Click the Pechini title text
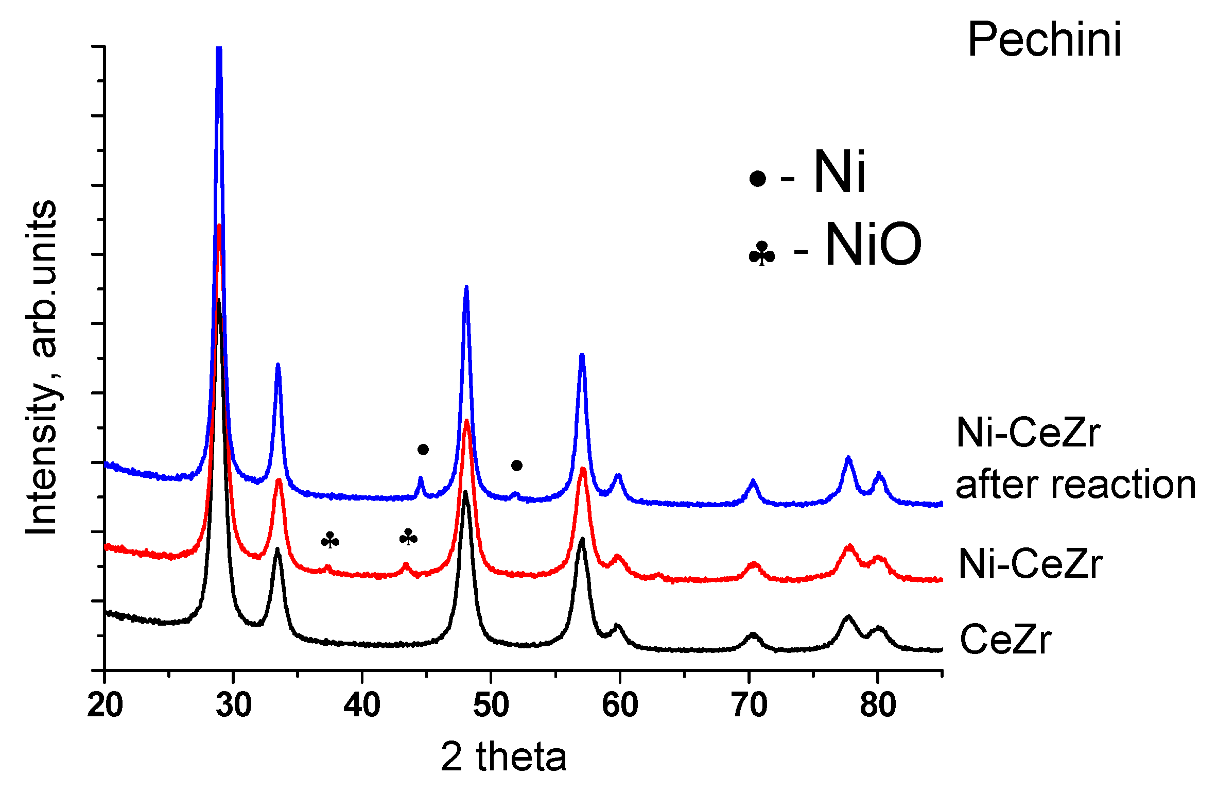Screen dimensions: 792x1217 pos(1044,40)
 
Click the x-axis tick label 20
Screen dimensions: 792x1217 pos(105,705)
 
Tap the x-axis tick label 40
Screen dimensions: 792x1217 pos(362,705)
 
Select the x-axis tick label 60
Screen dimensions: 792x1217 pos(620,705)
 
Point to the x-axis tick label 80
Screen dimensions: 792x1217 pos(878,705)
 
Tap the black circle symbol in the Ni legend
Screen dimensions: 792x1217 pos(757,179)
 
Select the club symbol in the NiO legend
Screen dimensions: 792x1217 pos(762,254)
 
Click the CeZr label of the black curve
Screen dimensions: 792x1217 pos(1005,640)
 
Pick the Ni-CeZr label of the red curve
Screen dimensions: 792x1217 pos(1030,564)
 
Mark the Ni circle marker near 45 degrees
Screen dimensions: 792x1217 pos(423,450)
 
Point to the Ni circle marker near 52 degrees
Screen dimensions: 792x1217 pos(517,466)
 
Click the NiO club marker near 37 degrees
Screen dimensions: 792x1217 pos(330,540)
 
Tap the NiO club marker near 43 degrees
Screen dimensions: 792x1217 pos(408,537)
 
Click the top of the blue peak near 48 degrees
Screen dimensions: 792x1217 pos(466,287)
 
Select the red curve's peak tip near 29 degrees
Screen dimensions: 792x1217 pos(219,226)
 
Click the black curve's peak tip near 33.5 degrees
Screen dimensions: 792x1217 pos(277,549)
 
